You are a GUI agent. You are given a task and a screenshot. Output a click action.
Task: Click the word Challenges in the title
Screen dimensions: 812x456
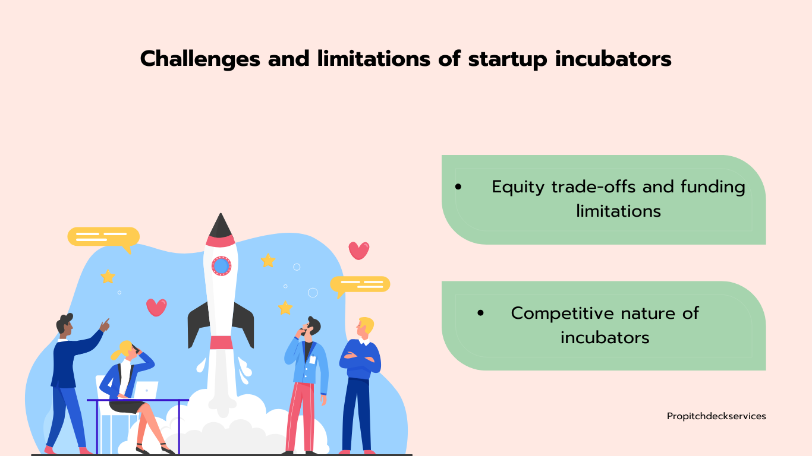(200, 59)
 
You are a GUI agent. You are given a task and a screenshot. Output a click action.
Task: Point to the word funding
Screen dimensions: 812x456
(713, 187)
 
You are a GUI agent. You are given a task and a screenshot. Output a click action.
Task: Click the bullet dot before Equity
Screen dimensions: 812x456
(458, 187)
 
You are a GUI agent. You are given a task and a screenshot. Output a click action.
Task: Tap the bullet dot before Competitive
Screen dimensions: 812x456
(481, 313)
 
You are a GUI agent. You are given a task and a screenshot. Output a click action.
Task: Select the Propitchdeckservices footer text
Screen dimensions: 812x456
(716, 417)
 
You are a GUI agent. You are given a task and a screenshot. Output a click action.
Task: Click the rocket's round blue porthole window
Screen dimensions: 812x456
(221, 266)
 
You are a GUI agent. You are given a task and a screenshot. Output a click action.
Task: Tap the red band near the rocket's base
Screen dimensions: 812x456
(221, 343)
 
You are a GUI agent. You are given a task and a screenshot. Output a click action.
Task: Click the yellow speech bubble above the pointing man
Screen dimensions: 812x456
(103, 238)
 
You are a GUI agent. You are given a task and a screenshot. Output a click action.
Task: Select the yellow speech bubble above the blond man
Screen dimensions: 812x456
(360, 284)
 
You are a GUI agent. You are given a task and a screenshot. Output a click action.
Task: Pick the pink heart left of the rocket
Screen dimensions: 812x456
(156, 308)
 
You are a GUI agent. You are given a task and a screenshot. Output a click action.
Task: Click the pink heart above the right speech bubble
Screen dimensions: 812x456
(359, 251)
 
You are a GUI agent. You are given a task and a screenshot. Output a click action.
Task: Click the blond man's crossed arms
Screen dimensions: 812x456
(360, 359)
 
